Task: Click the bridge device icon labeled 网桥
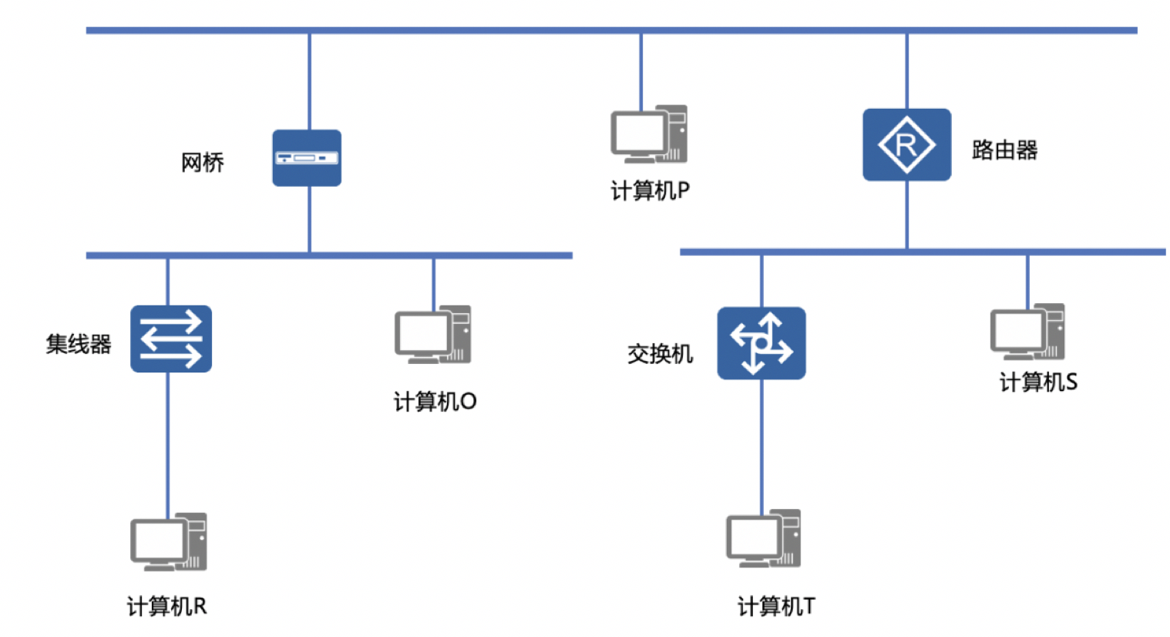point(307,158)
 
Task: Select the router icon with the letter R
point(906,145)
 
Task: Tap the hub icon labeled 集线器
point(171,339)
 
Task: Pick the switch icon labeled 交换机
point(762,343)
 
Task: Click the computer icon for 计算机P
point(649,134)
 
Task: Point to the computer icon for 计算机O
point(432,335)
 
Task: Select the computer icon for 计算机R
point(169,542)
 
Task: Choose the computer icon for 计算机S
point(1027,332)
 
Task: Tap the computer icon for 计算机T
point(764,539)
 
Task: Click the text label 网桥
point(203,163)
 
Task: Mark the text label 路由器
point(1004,150)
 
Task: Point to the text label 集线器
point(79,344)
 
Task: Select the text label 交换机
point(660,354)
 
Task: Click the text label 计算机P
point(650,190)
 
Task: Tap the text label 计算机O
point(435,402)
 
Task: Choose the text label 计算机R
point(167,607)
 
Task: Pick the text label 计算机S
point(1038,382)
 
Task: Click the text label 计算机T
point(776,607)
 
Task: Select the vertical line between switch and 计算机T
point(762,443)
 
